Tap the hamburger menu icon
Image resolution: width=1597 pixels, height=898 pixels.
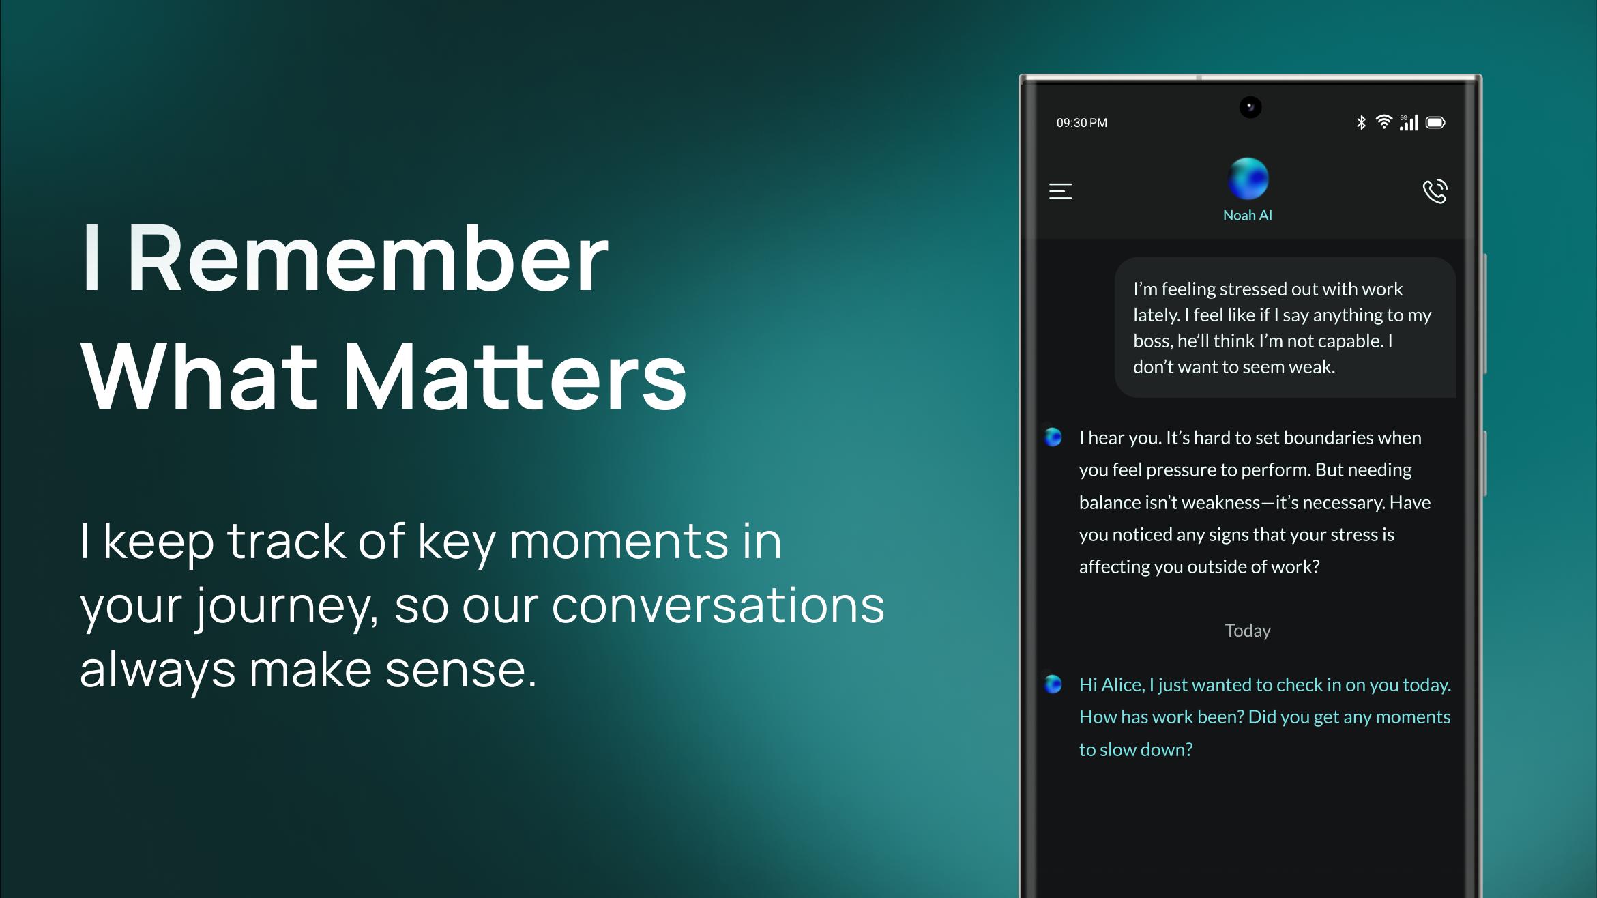click(x=1060, y=191)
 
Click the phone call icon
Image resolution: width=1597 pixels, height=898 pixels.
click(x=1435, y=191)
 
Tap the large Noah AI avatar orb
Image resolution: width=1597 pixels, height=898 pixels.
click(x=1248, y=179)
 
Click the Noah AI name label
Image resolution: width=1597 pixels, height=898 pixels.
click(x=1248, y=216)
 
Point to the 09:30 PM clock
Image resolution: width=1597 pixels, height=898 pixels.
click(x=1082, y=123)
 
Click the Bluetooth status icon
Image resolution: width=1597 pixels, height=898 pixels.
click(x=1361, y=122)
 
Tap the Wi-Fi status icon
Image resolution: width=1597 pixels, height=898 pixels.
click(x=1383, y=121)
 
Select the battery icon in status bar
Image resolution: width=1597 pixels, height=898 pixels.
click(x=1435, y=122)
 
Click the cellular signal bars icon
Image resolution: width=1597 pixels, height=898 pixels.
click(x=1409, y=122)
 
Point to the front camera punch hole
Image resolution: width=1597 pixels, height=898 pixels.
click(x=1250, y=107)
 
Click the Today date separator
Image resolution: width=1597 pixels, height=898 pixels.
click(x=1248, y=631)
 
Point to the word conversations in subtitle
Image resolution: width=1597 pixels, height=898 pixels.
click(x=718, y=606)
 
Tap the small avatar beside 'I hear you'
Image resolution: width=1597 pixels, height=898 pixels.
click(x=1053, y=437)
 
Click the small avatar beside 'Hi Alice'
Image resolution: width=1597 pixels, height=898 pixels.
click(x=1053, y=684)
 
